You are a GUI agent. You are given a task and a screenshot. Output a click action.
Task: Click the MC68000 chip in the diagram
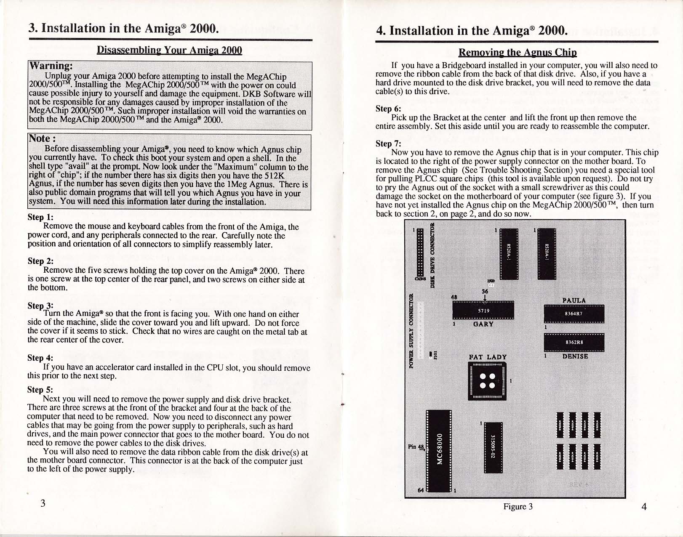439,450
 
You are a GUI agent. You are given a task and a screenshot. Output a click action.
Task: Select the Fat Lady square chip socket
487,380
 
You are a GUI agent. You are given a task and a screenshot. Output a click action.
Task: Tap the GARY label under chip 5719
483,324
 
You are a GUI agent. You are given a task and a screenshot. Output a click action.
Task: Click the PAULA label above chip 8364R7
574,300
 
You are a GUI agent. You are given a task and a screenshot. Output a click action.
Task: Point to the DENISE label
575,356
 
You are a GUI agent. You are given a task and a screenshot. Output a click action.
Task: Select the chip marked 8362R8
574,342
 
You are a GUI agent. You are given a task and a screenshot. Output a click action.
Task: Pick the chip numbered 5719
483,310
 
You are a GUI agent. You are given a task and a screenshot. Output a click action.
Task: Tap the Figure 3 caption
518,506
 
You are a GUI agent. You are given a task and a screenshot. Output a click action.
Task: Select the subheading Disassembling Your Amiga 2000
169,50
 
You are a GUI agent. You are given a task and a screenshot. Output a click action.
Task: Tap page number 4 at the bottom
643,506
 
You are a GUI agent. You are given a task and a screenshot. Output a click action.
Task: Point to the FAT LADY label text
488,357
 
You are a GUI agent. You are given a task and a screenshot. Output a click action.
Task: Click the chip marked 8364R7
574,313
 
